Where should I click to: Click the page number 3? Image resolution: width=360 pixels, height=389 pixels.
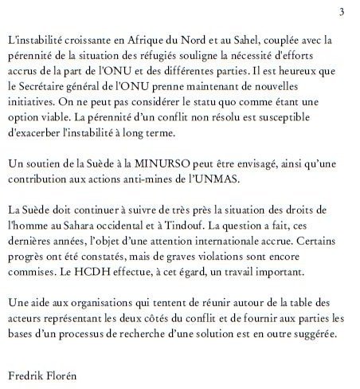point(341,11)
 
